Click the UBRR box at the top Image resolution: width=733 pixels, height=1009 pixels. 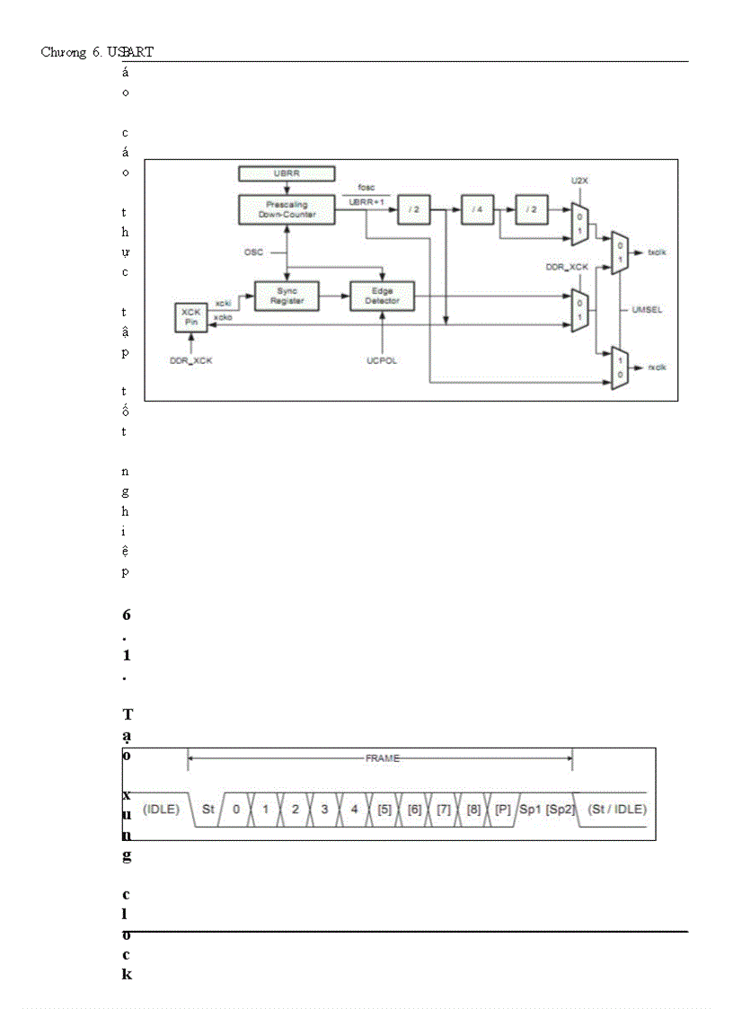point(287,173)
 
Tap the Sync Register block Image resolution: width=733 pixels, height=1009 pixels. point(286,296)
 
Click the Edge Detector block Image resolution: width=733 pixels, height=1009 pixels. point(382,296)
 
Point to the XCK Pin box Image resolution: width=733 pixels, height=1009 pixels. point(190,318)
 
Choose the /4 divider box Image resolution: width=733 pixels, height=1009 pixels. point(477,209)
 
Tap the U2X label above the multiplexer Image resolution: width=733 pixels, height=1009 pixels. point(579,181)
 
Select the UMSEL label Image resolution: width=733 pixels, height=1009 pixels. point(647,309)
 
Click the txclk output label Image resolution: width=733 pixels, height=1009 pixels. point(658,252)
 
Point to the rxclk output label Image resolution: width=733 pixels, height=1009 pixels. point(658,367)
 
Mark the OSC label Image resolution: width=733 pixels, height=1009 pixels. point(253,252)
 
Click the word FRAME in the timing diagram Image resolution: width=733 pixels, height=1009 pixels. point(382,758)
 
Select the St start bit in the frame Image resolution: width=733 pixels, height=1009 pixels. point(208,809)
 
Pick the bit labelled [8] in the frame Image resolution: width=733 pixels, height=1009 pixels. point(472,809)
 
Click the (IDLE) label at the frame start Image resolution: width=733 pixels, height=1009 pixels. point(162,809)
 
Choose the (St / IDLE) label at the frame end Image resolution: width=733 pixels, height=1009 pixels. point(616,809)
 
